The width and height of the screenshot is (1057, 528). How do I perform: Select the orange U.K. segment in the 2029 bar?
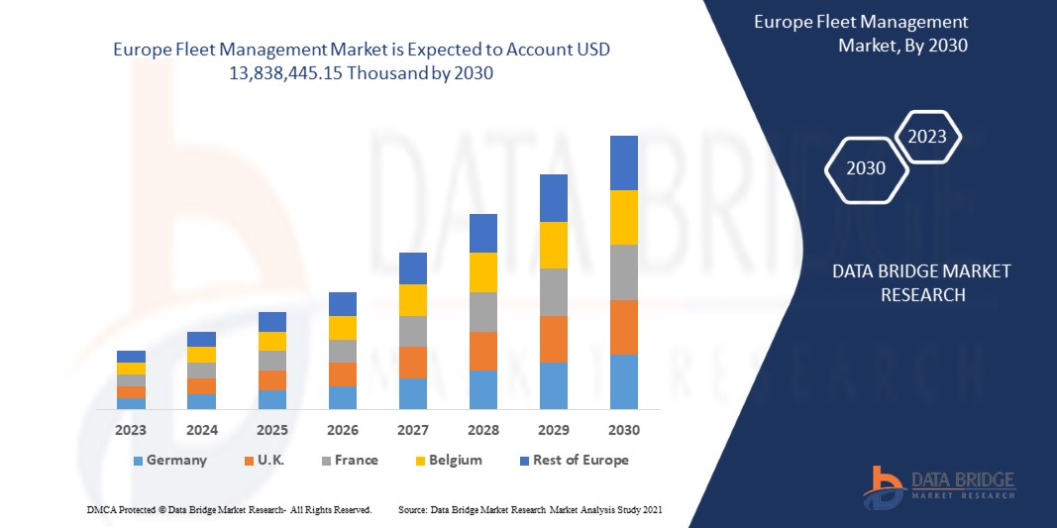(553, 339)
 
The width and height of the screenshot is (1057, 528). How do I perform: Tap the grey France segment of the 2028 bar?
(482, 311)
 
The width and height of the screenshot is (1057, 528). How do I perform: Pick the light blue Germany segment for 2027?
(412, 393)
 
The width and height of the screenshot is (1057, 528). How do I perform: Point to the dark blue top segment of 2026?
(342, 303)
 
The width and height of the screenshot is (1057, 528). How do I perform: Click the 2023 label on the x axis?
(130, 430)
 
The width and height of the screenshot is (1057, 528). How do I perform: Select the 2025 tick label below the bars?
(271, 430)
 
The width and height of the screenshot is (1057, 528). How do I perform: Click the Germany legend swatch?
(138, 461)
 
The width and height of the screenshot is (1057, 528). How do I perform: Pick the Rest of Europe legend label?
(581, 460)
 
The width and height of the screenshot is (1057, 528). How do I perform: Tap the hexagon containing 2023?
(927, 137)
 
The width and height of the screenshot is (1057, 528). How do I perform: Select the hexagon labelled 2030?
(868, 168)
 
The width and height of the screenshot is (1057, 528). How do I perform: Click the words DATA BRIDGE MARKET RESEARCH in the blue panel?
(921, 282)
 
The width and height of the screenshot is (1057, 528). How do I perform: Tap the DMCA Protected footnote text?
(229, 509)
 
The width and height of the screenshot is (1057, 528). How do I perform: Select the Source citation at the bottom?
(529, 509)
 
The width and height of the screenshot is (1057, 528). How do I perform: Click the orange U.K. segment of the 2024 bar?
(201, 386)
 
